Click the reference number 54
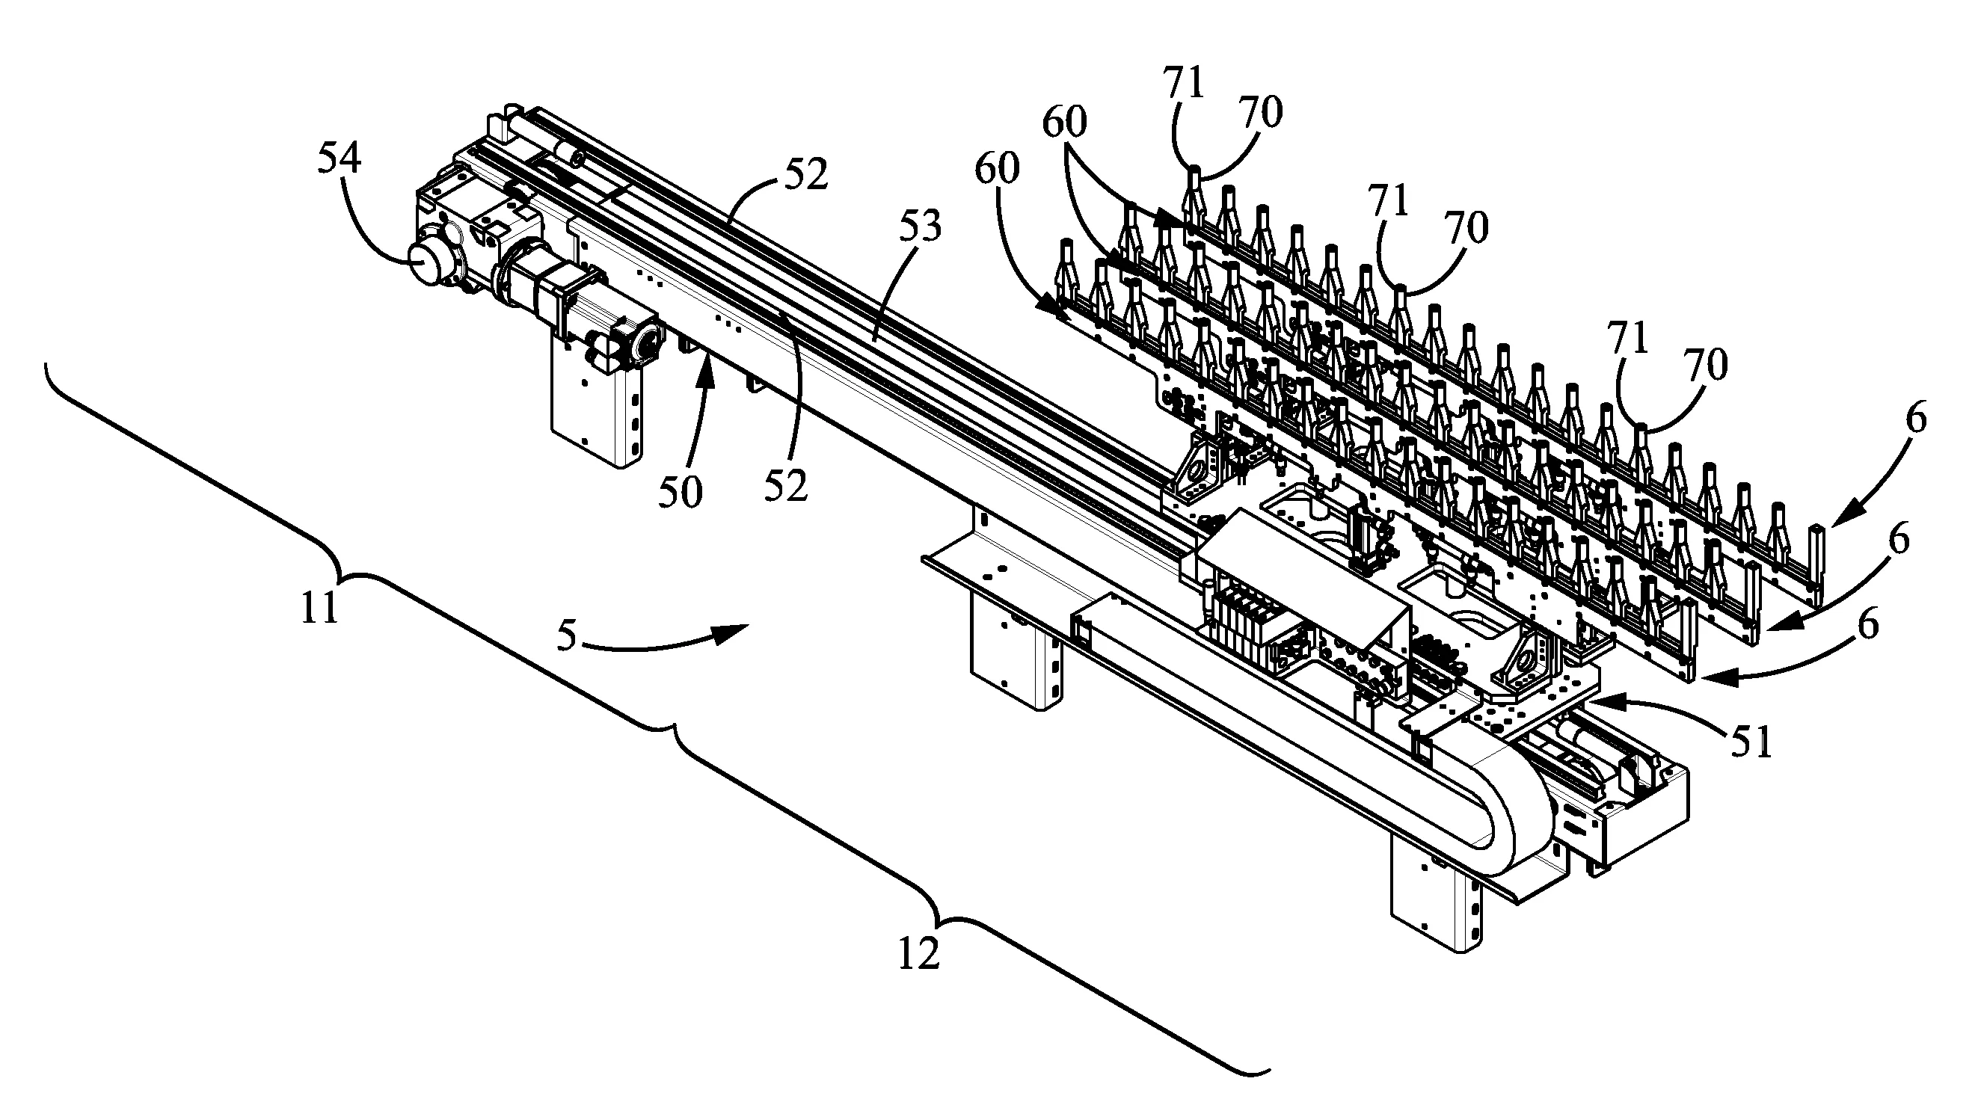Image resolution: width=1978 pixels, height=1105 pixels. tap(339, 160)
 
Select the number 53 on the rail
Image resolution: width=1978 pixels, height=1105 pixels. tap(920, 227)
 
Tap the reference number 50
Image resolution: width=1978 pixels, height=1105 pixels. tap(681, 492)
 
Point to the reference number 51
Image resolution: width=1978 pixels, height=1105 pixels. tap(1751, 742)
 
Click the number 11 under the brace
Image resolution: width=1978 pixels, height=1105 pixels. tap(319, 609)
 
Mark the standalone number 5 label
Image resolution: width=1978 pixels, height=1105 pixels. tap(566, 636)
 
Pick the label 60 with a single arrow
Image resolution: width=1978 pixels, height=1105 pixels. tap(998, 169)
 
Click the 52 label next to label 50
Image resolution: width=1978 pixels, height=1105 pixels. tap(786, 485)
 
